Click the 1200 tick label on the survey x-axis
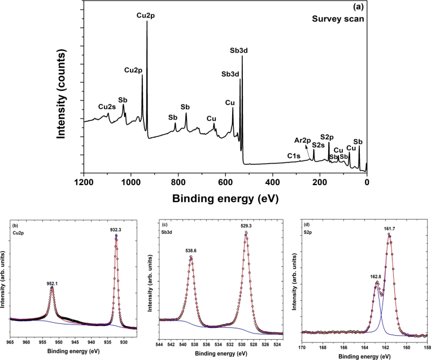click(x=84, y=182)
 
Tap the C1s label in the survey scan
click(x=293, y=155)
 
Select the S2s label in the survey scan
click(x=317, y=145)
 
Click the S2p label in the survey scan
click(x=328, y=137)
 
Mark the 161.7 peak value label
click(x=390, y=229)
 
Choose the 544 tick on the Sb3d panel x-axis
click(x=159, y=344)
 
